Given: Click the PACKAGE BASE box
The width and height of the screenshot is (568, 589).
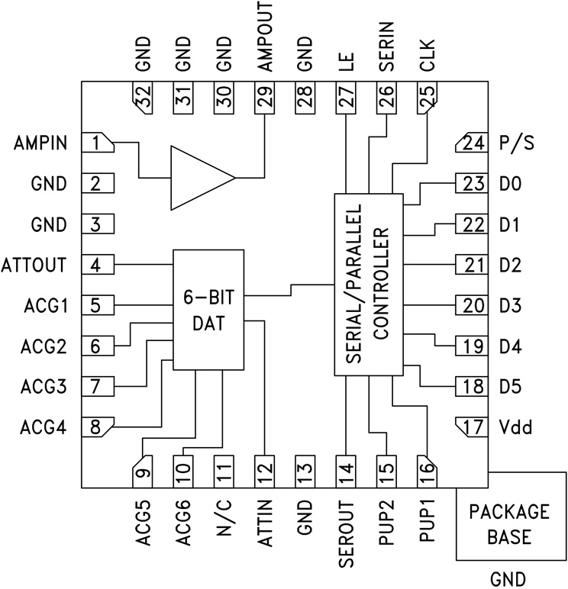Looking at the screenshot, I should (509, 523).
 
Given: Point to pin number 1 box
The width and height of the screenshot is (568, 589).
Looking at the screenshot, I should (97, 143).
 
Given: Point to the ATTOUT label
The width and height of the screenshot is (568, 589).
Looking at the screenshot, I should (34, 266).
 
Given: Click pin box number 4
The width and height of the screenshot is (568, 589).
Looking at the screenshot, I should (97, 266).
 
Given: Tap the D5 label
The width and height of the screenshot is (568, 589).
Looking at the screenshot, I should (510, 387).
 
